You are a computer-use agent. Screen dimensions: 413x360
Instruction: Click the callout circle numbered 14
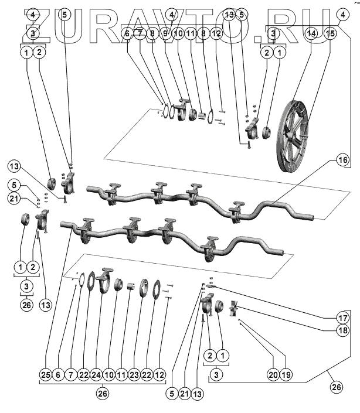(312, 34)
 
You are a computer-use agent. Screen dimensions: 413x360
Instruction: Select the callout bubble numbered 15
(331, 34)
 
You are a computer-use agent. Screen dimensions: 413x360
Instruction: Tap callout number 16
(342, 160)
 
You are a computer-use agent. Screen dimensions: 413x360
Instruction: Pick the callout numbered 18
(342, 330)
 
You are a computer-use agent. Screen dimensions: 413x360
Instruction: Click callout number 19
(286, 373)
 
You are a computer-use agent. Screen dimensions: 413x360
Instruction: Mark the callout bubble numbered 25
(46, 374)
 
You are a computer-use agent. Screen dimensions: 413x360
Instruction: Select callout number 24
(97, 374)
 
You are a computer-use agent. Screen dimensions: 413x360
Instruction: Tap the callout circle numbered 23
(135, 374)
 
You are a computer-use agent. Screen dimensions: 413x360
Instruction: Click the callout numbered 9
(166, 34)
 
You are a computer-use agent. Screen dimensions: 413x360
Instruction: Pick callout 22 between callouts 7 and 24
(84, 374)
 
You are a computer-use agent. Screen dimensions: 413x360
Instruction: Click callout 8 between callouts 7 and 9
(152, 34)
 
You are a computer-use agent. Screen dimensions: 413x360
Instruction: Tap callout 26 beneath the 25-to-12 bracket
(103, 394)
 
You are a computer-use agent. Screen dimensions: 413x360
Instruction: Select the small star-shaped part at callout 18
(234, 309)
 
